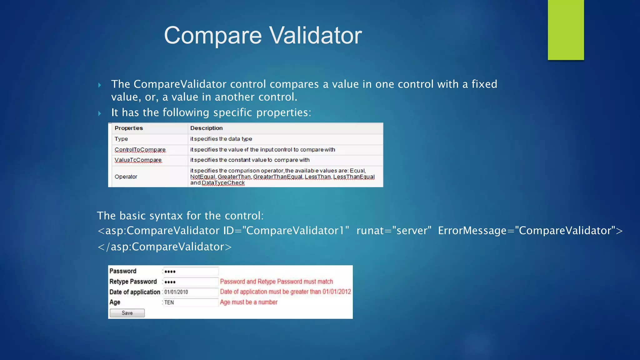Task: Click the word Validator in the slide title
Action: pos(315,35)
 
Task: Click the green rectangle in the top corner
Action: pos(566,30)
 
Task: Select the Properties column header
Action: pos(128,128)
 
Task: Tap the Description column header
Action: pos(206,128)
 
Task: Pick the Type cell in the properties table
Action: pos(121,139)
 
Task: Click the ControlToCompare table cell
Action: pos(140,150)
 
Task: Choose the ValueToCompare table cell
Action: pos(138,160)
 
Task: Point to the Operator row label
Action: pos(126,177)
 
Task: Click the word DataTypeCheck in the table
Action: pos(223,183)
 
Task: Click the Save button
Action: pos(127,313)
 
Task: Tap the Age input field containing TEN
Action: pos(191,302)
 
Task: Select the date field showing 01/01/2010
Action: pos(191,292)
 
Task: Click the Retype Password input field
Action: pos(191,282)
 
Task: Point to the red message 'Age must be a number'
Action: pos(249,302)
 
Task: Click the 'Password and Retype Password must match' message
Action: pos(277,282)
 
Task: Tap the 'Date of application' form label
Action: pos(135,292)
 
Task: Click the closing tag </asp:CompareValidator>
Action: pos(165,247)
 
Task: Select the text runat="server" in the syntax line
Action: pos(394,231)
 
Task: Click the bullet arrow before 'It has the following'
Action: pos(100,113)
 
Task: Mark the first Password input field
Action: pos(191,271)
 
